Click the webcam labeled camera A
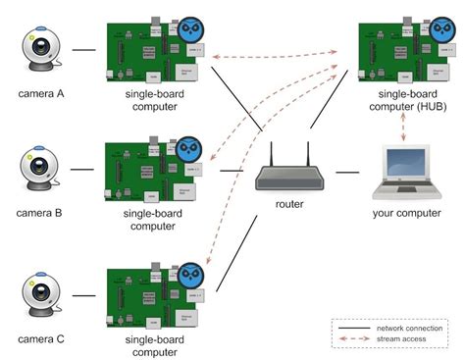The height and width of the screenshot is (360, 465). [x=40, y=49]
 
